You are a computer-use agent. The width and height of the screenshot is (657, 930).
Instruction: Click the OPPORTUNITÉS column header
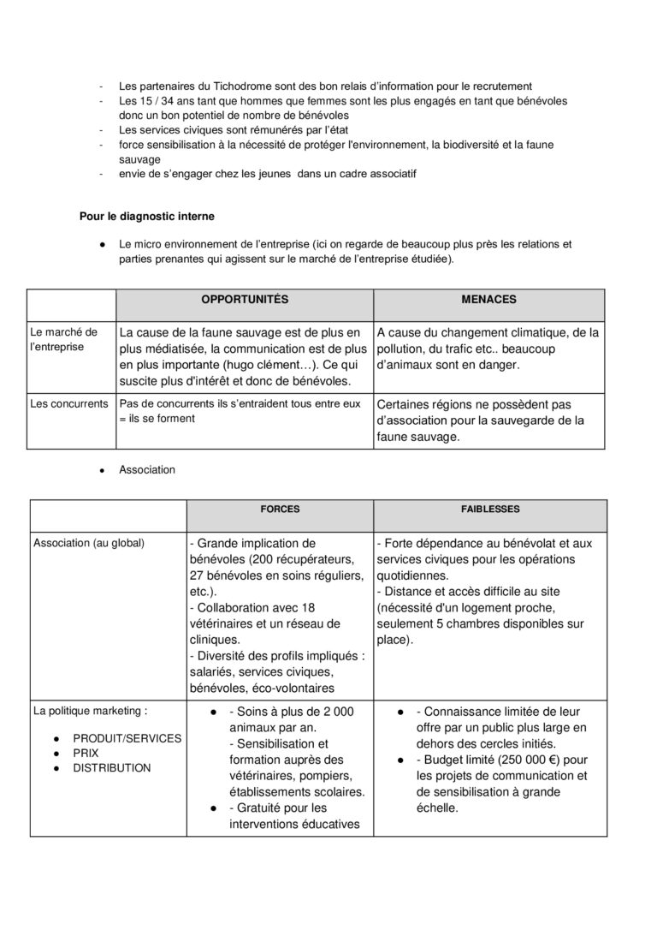(x=244, y=300)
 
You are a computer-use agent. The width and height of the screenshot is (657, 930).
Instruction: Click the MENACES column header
(x=488, y=300)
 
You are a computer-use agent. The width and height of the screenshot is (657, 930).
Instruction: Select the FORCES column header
(x=280, y=509)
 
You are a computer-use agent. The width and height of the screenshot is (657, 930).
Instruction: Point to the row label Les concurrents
(x=68, y=403)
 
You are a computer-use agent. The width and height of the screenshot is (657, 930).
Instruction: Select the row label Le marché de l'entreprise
(x=64, y=339)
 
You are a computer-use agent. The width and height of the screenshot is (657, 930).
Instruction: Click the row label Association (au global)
(x=89, y=543)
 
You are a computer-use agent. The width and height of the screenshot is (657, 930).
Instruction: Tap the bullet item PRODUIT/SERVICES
(x=127, y=738)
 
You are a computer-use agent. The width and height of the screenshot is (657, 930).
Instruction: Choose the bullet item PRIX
(x=86, y=753)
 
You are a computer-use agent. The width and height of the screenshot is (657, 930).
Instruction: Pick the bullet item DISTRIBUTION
(x=111, y=768)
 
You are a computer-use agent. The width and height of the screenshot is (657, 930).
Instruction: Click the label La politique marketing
(x=90, y=710)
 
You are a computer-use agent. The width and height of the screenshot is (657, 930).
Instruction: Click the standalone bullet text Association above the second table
(x=147, y=469)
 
